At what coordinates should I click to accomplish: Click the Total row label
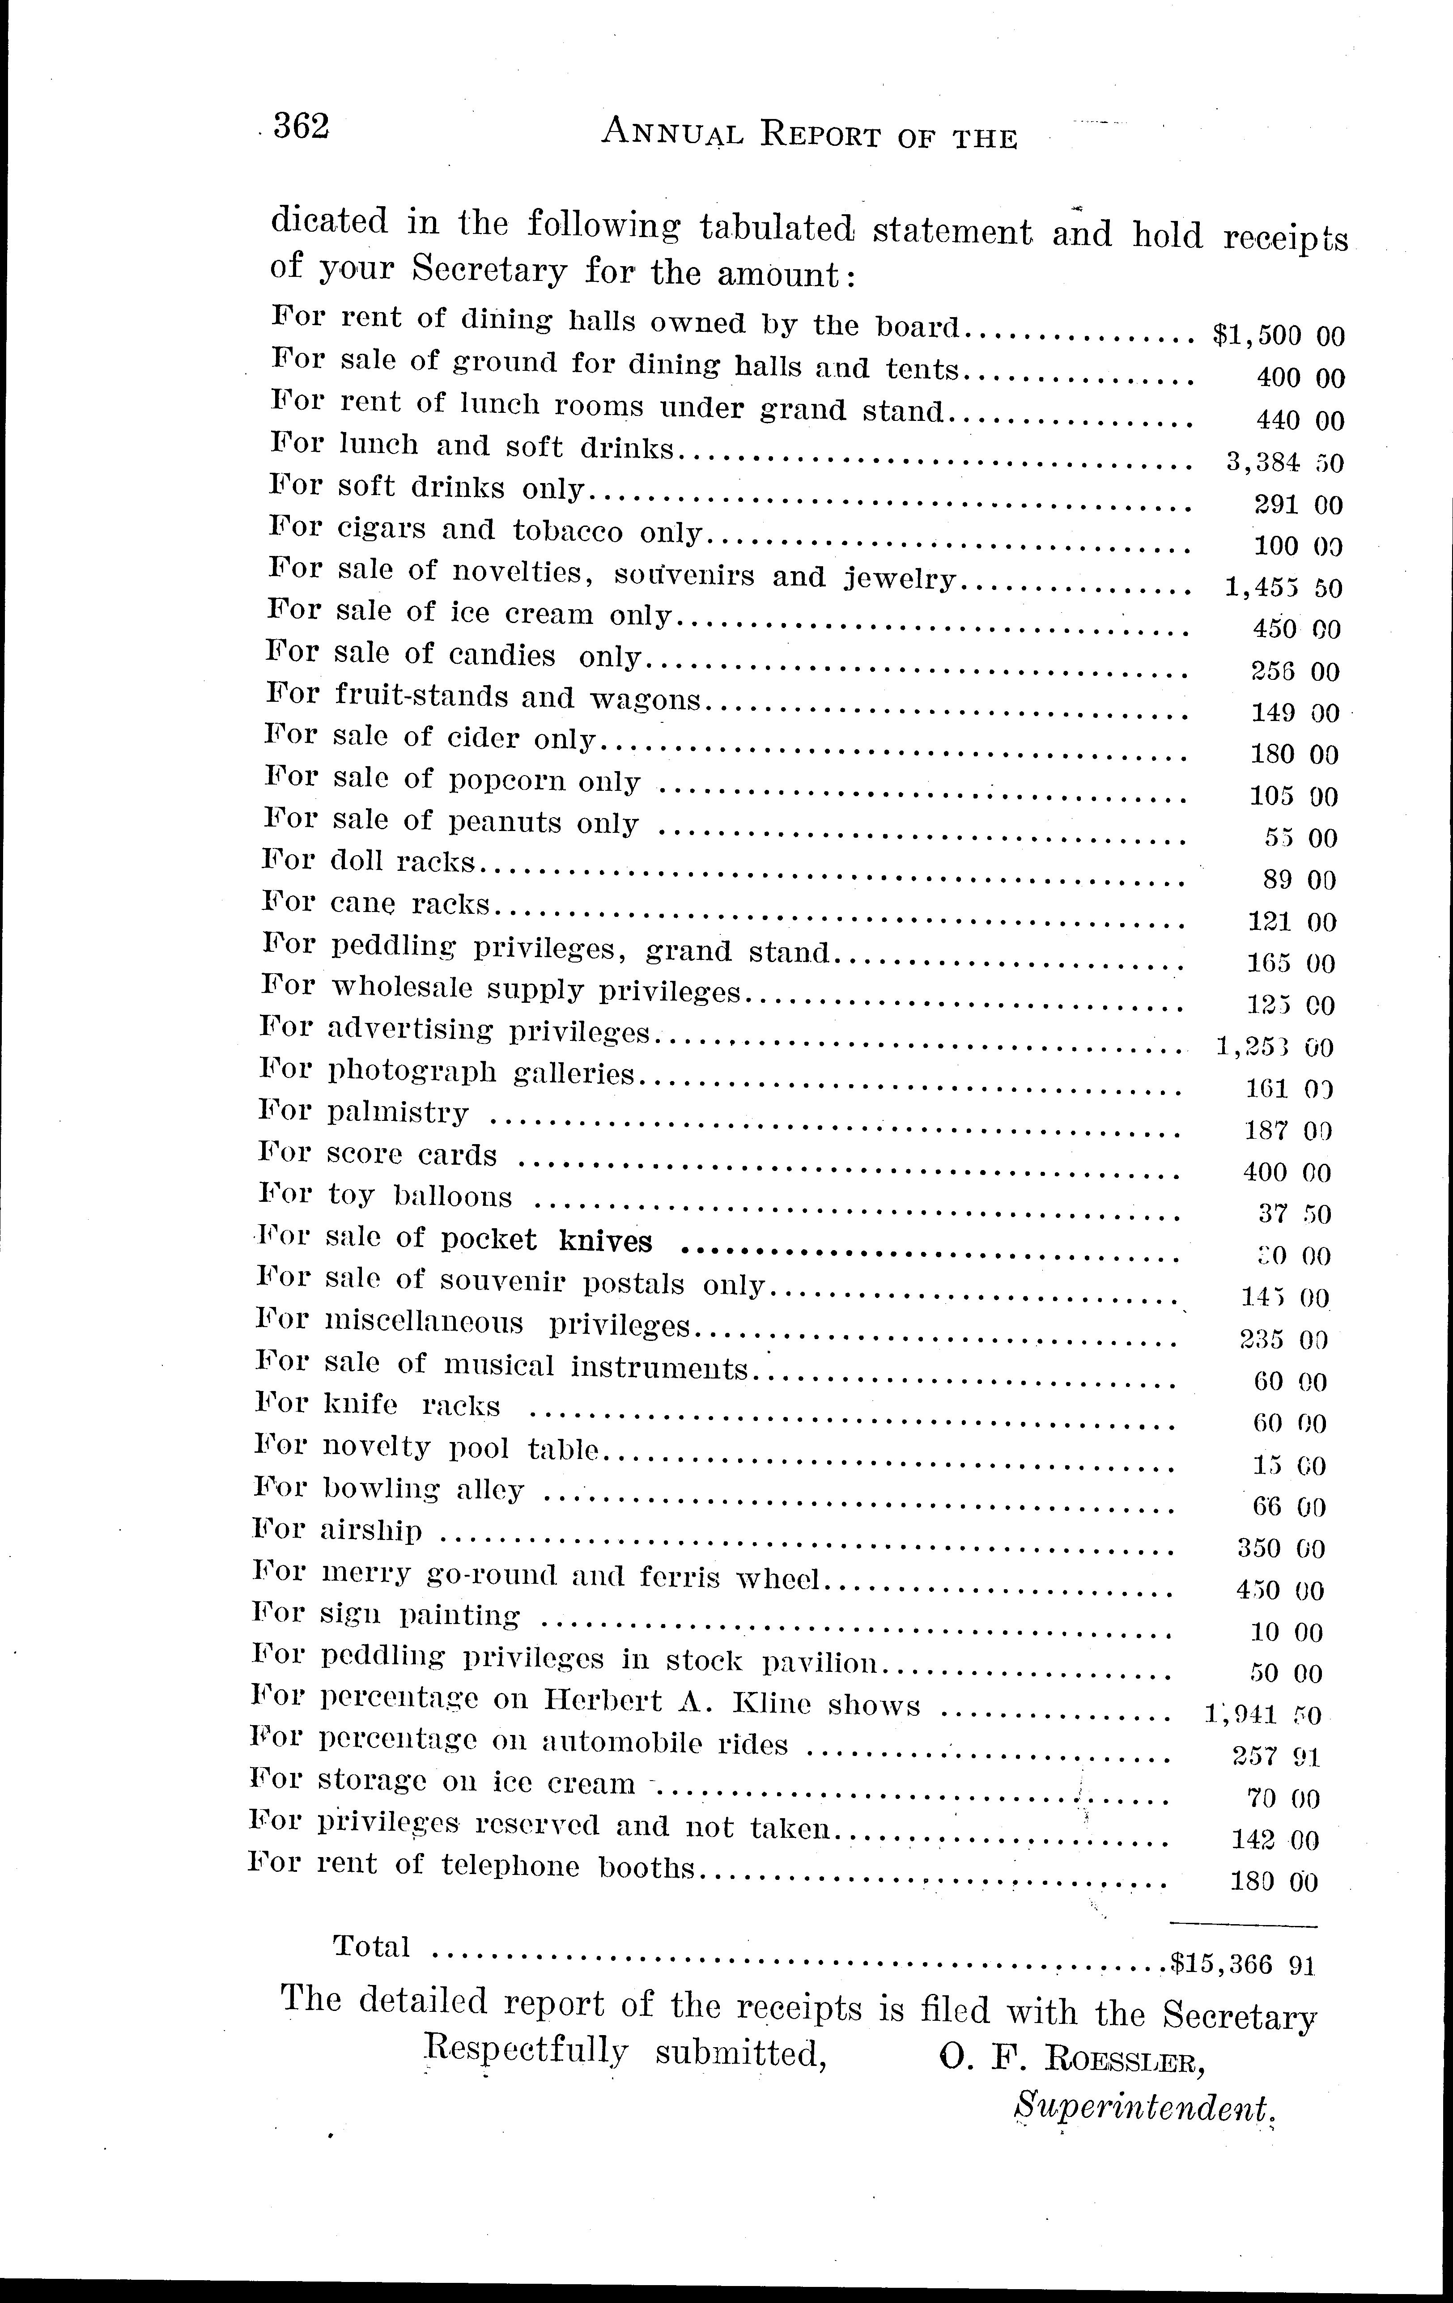[371, 1947]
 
